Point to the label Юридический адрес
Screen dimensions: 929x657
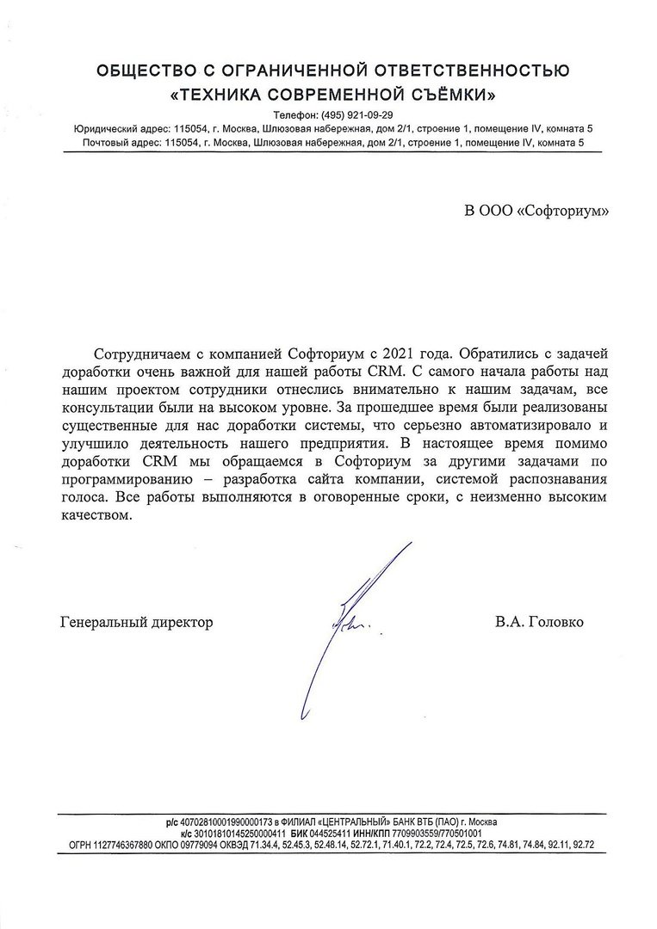(120, 129)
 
